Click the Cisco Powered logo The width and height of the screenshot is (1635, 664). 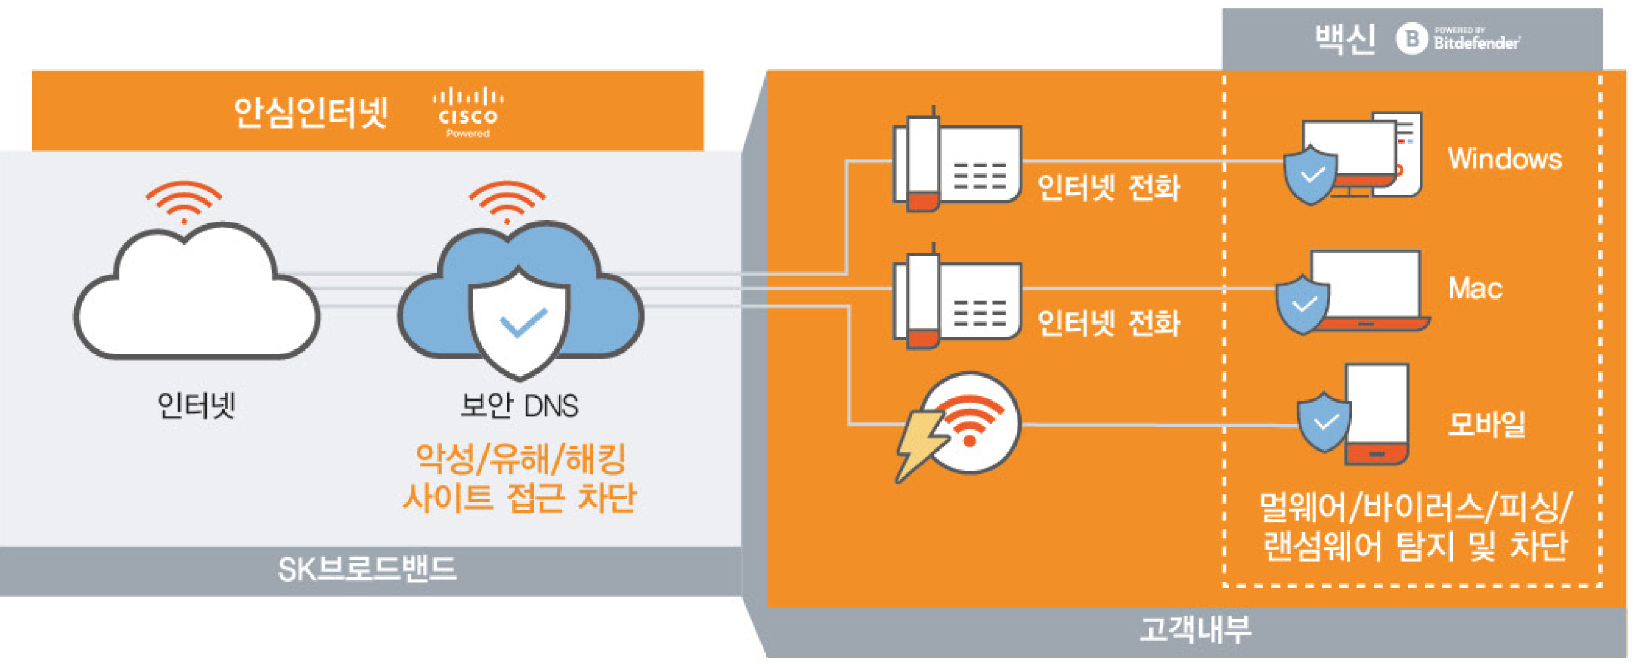[469, 112]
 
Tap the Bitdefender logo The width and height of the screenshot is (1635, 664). [1458, 39]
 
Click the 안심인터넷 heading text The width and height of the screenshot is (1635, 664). [310, 112]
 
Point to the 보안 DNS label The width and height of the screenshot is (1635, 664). [519, 406]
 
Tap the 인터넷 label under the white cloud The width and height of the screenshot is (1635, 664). [196, 406]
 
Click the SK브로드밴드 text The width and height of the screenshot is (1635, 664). [367, 569]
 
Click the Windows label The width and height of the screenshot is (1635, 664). [1504, 159]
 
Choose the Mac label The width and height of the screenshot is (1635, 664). [1475, 289]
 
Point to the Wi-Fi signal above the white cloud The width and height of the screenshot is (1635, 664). [184, 200]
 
